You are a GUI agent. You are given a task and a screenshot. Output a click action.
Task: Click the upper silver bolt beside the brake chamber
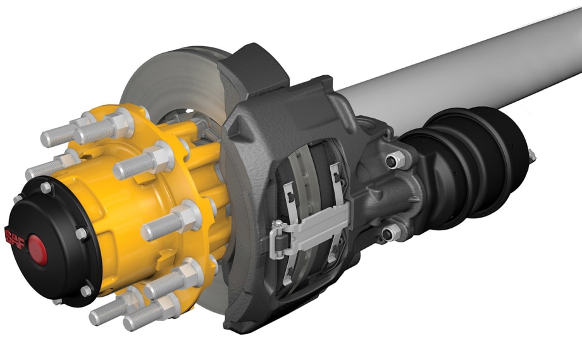point(397,160)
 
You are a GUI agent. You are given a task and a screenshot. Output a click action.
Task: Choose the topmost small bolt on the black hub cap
point(46,188)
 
